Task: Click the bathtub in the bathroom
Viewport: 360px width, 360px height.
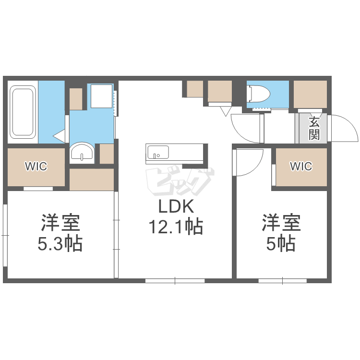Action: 23,112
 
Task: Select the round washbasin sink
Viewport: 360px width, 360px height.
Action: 82,153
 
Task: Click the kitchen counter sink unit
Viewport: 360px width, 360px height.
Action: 175,153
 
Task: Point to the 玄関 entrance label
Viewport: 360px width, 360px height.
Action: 314,128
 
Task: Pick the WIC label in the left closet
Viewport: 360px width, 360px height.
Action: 36,167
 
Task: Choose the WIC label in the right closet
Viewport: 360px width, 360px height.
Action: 301,167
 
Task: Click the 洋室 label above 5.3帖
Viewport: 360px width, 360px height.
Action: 60,223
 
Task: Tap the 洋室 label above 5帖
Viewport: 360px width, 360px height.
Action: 281,223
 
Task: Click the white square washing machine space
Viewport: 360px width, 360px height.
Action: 101,96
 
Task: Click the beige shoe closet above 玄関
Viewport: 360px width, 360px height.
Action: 310,94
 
